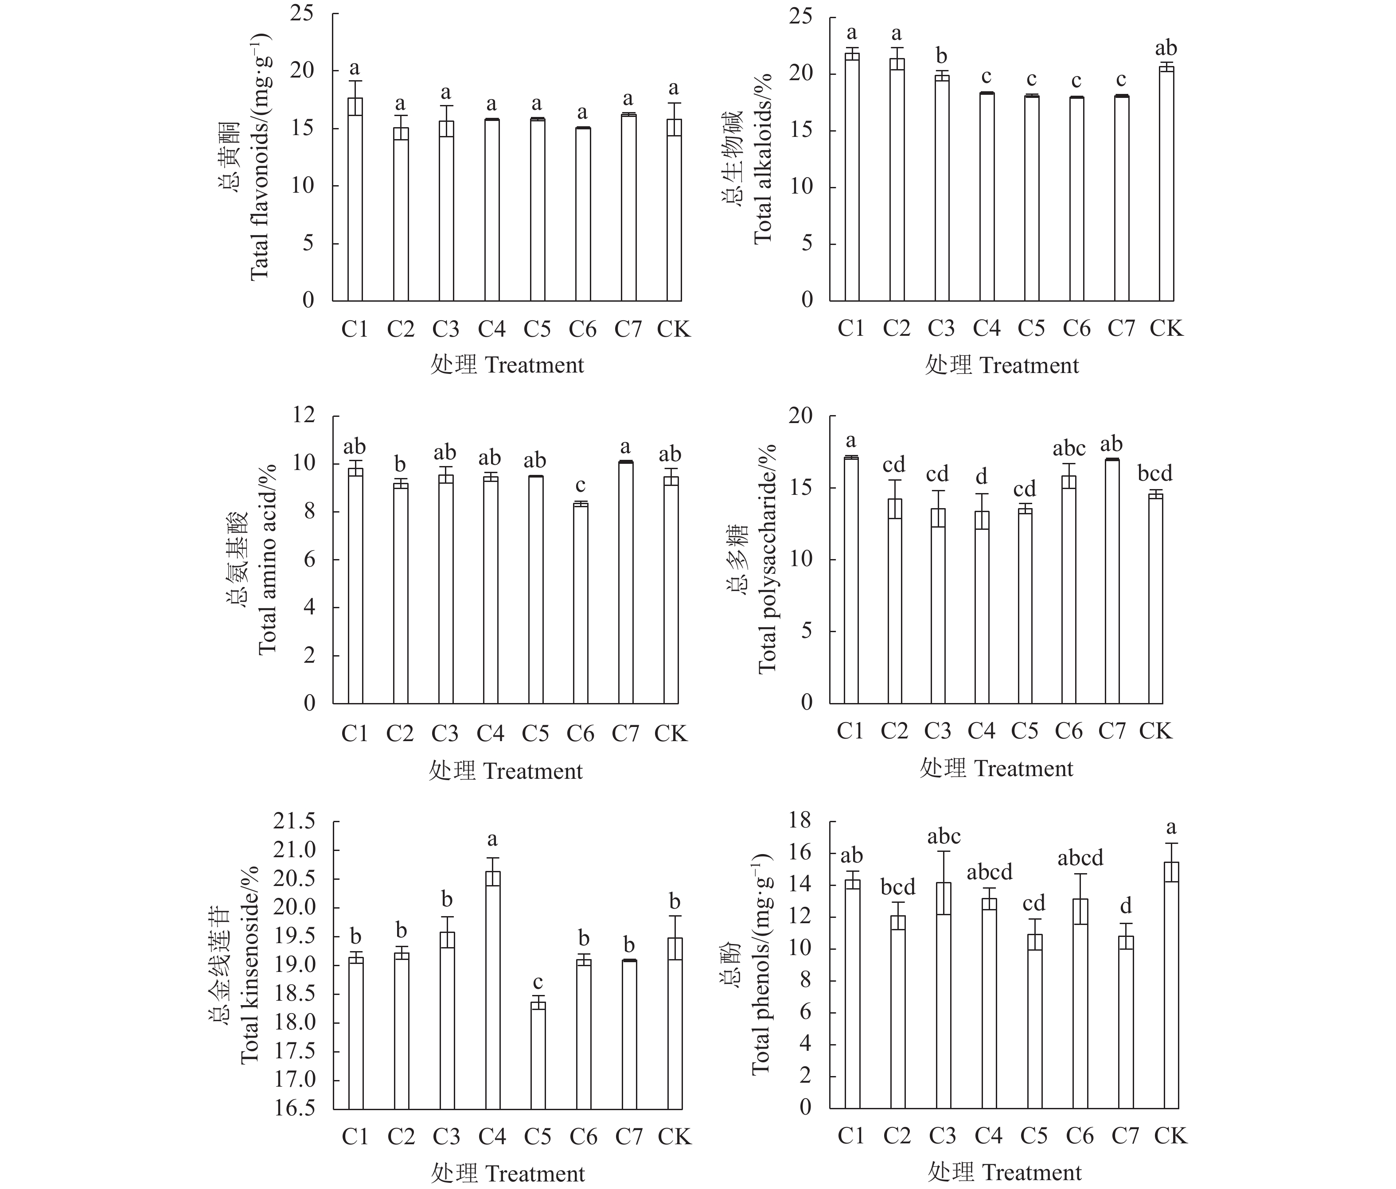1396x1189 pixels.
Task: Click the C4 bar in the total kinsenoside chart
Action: tap(492, 990)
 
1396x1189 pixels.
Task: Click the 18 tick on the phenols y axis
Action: tap(802, 820)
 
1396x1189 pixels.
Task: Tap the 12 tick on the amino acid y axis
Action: tap(304, 415)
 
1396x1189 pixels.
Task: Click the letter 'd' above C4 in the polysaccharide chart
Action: tap(982, 477)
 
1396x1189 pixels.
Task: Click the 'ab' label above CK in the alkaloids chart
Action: tap(1166, 48)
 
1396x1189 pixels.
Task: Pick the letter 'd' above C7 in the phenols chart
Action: tap(1126, 905)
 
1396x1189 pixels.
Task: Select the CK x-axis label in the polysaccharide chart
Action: tap(1155, 731)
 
